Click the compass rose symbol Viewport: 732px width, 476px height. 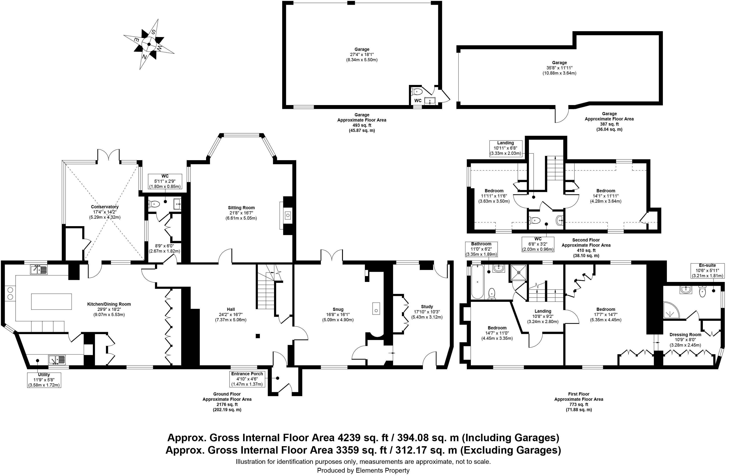click(149, 44)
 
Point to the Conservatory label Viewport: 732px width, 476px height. click(105, 207)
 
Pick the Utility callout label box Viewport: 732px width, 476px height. click(44, 380)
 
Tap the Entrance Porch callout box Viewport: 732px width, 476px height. click(247, 379)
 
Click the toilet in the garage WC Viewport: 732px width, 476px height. click(417, 91)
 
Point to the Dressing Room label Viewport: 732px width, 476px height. click(685, 335)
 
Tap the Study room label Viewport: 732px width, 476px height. click(427, 307)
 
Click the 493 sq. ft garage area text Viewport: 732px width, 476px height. click(362, 125)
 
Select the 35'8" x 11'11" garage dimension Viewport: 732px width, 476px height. click(559, 68)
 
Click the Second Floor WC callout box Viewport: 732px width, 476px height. click(538, 244)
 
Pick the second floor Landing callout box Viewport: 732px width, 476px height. click(506, 148)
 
